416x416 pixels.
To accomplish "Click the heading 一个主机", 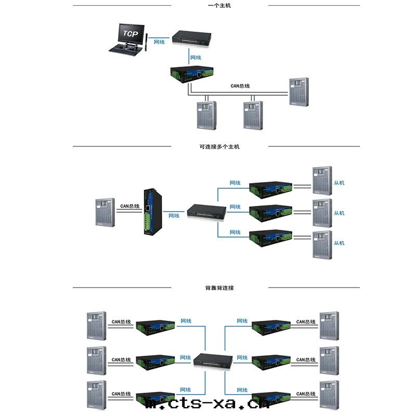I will (x=219, y=6).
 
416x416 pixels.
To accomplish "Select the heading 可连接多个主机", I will (x=219, y=147).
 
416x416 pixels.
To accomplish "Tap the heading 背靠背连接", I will (x=219, y=288).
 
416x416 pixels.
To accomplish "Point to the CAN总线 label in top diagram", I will (x=240, y=86).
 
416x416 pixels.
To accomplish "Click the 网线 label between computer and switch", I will (x=159, y=42).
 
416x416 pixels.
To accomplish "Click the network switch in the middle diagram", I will (x=206, y=210).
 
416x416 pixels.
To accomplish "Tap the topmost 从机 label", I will (x=339, y=183).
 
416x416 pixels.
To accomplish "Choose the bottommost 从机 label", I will (x=339, y=243).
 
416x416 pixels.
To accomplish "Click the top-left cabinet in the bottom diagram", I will (x=96, y=326).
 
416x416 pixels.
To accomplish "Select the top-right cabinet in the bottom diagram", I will (x=329, y=326).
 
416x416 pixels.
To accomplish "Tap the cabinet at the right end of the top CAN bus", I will (x=299, y=93).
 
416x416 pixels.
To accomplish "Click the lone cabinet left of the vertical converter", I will (x=106, y=212).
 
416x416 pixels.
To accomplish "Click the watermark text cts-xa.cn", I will (x=208, y=404).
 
